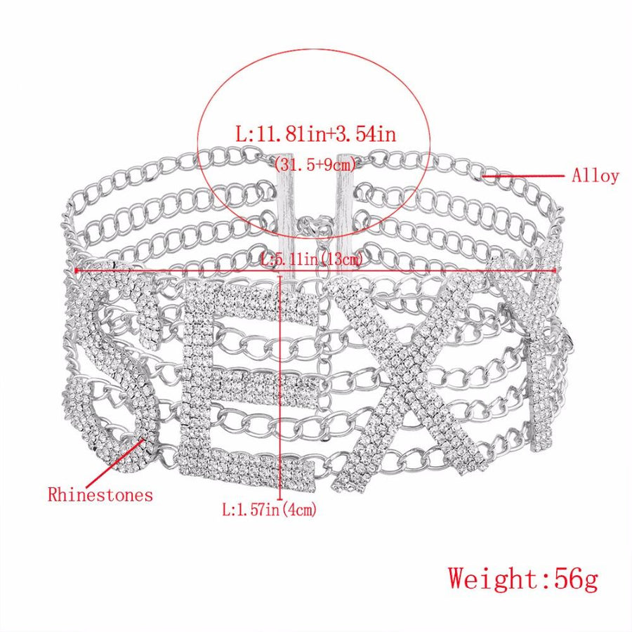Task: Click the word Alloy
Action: pyautogui.click(x=595, y=176)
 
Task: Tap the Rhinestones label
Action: pyautogui.click(x=100, y=494)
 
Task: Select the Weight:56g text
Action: pyautogui.click(x=522, y=579)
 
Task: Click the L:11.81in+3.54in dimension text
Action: pyautogui.click(x=316, y=133)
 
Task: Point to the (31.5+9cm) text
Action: pyautogui.click(x=315, y=164)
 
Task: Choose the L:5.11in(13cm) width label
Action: pyautogui.click(x=312, y=258)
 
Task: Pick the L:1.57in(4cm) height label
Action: pyautogui.click(x=269, y=510)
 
